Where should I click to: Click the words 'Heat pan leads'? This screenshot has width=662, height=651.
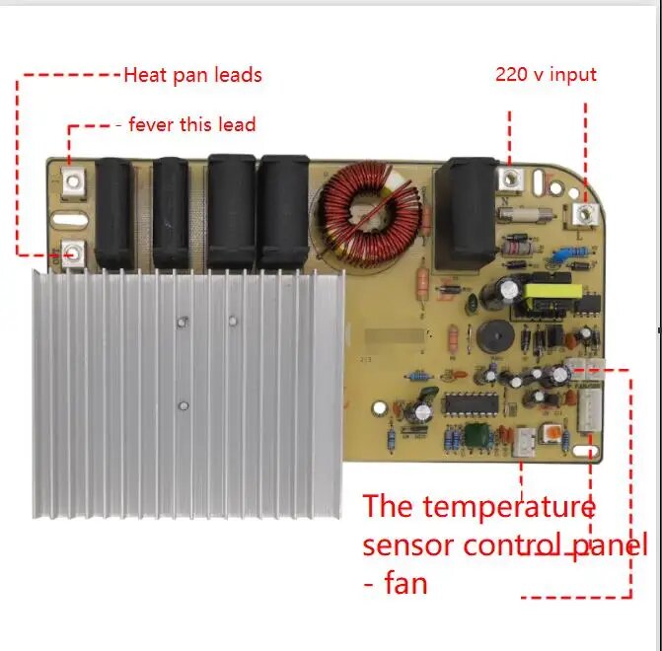pyautogui.click(x=192, y=74)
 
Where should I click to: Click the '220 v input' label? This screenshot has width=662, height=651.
pyautogui.click(x=545, y=74)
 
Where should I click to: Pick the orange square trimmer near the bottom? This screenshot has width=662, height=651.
pyautogui.click(x=552, y=435)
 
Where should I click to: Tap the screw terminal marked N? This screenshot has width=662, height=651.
pyautogui.click(x=510, y=179)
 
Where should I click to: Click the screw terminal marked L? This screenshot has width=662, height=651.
pyautogui.click(x=584, y=214)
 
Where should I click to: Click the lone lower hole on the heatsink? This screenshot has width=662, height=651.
pyautogui.click(x=184, y=405)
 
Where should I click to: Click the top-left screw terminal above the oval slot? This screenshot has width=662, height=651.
pyautogui.click(x=71, y=181)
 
